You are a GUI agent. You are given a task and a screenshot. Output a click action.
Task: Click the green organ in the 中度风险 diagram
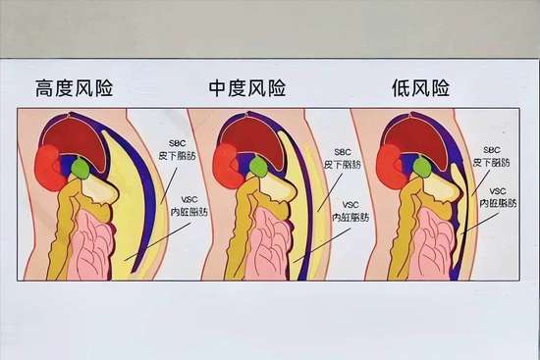[257, 168]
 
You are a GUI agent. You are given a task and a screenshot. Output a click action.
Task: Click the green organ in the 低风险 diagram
[421, 168]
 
